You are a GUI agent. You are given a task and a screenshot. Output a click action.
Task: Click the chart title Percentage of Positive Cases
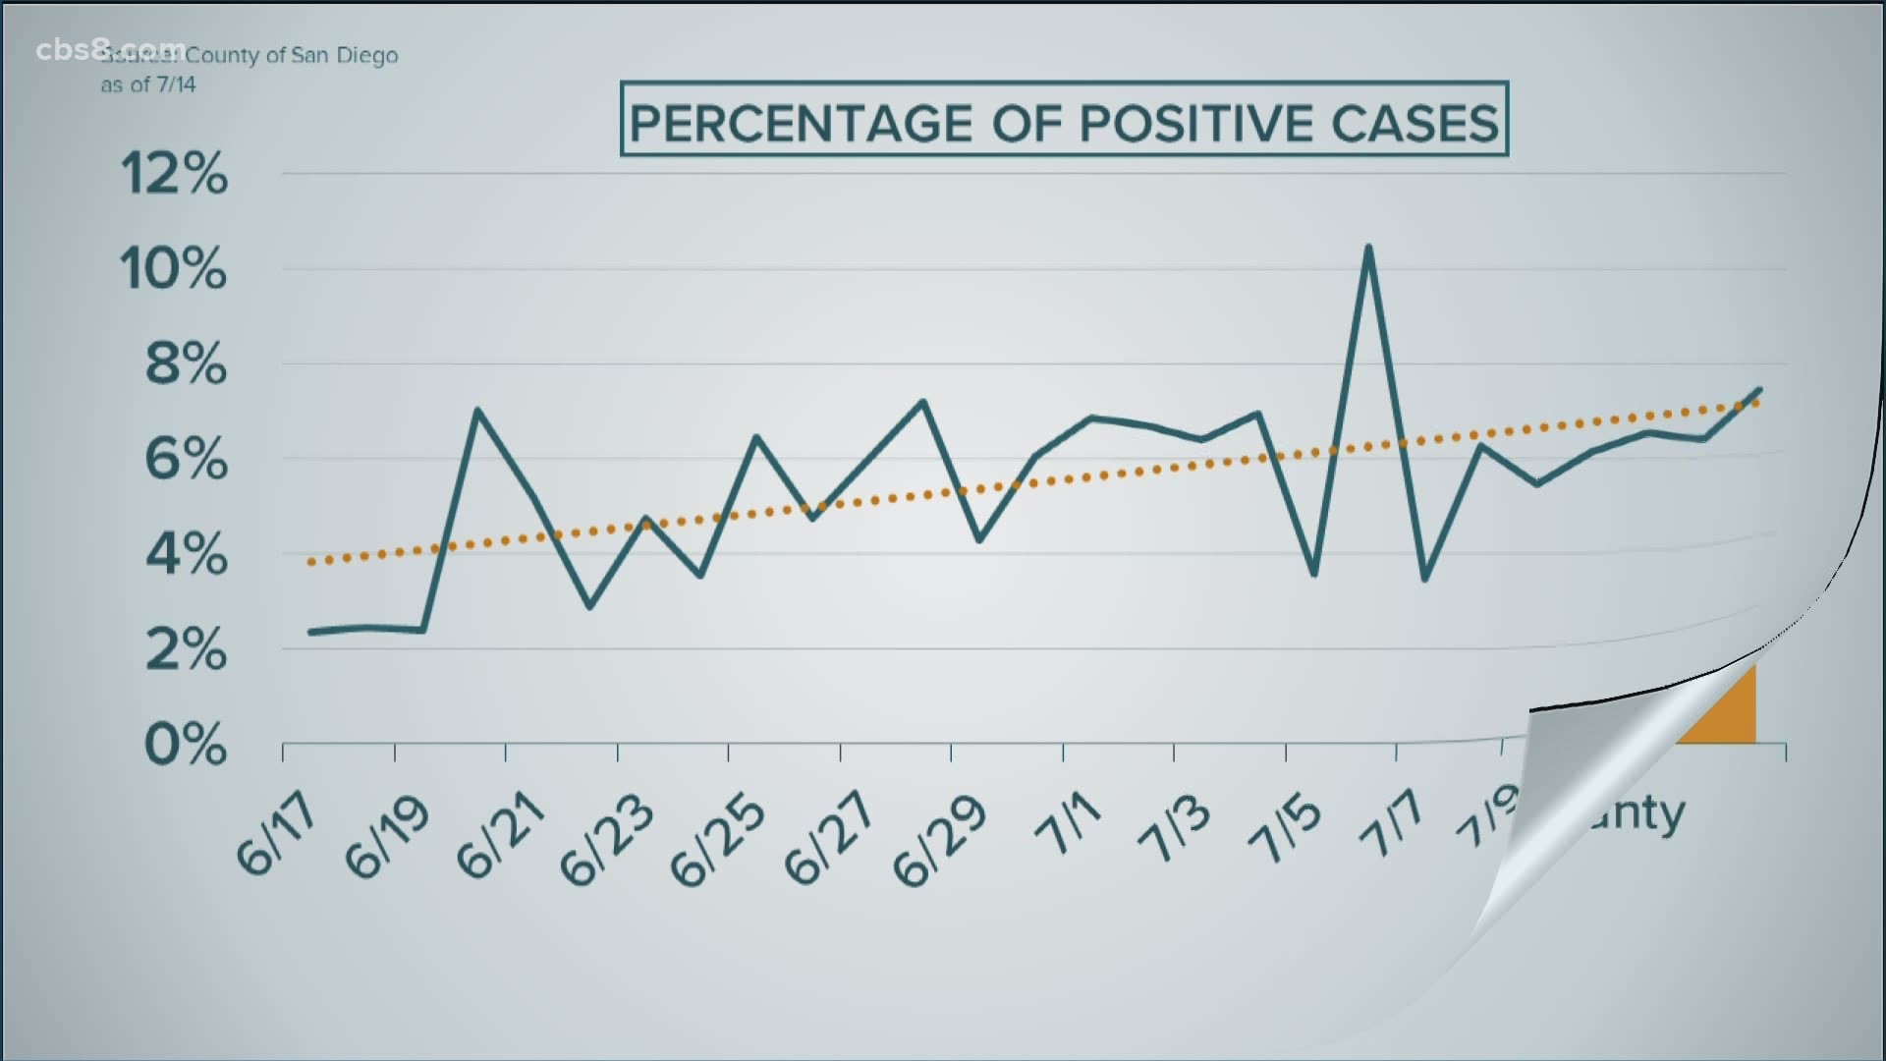(x=1064, y=122)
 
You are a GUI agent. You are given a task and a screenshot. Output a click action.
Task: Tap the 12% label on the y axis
(x=174, y=176)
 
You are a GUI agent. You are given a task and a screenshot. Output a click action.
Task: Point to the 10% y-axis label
(x=173, y=268)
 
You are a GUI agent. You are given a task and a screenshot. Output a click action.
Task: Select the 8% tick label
(x=186, y=364)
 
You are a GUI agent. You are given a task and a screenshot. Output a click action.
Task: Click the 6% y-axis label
(x=186, y=459)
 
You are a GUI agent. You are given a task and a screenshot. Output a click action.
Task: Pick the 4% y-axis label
(x=186, y=556)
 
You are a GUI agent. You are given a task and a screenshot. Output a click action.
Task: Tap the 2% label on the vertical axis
(x=186, y=649)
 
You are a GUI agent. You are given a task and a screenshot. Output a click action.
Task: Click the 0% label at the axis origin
(x=186, y=746)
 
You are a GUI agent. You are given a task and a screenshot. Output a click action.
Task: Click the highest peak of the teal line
(x=1367, y=247)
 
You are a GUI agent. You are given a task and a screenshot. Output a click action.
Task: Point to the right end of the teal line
(x=1759, y=390)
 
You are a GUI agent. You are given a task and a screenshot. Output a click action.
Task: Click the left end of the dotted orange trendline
(x=310, y=563)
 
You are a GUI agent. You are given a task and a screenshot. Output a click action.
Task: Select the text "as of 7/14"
(x=148, y=85)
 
